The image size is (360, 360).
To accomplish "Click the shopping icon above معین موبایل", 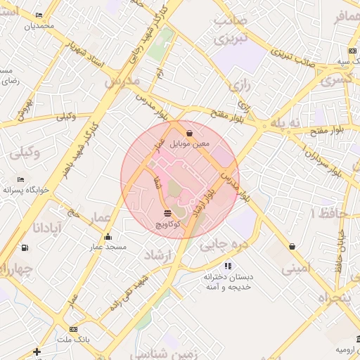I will pos(189,132).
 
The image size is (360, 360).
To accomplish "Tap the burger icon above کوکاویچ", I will pos(167,212).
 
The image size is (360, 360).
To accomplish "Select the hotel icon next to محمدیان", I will pos(38,15).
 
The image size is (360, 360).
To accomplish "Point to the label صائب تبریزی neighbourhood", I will pos(233,30).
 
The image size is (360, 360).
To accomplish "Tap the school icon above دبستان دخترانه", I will pos(227,266).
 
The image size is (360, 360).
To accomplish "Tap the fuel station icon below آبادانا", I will pos(25,247).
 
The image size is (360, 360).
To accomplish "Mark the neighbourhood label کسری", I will pos(337,81).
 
